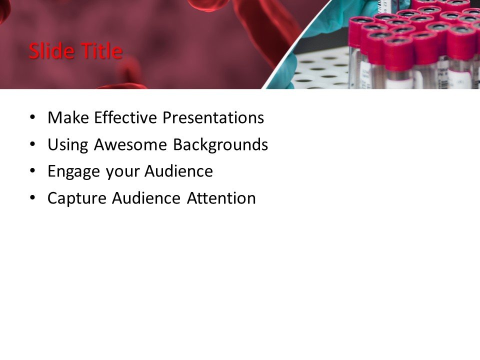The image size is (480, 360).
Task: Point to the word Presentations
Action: tap(213, 118)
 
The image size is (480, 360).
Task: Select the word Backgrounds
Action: tap(220, 145)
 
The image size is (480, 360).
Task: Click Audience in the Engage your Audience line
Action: tap(178, 171)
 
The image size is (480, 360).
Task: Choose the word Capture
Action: tap(77, 198)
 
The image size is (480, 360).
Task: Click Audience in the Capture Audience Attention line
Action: tap(145, 198)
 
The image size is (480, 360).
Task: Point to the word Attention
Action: tap(221, 198)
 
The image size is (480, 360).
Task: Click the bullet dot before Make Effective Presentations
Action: tap(33, 118)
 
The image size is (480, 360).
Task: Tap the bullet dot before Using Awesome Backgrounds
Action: tap(33, 145)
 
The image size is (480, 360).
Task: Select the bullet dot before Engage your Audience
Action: tap(33, 171)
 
